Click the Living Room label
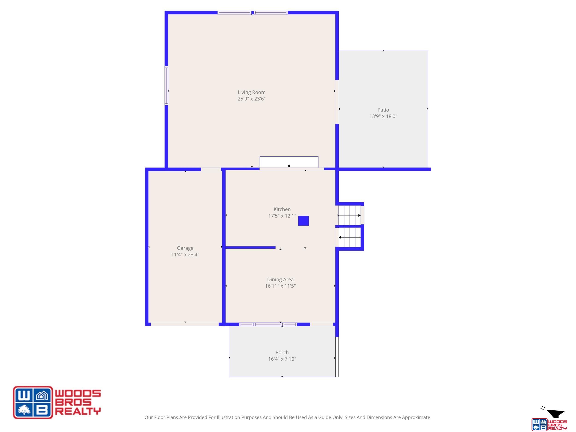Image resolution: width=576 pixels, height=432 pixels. (x=252, y=92)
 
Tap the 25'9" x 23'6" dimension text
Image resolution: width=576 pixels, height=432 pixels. (x=252, y=99)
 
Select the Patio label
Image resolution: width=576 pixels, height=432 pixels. (x=383, y=110)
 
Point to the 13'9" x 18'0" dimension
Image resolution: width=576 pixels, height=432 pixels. (x=383, y=116)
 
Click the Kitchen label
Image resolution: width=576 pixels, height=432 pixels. (x=282, y=209)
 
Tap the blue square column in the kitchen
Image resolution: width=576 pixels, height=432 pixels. (x=303, y=221)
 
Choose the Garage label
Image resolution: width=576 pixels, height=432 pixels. (x=185, y=248)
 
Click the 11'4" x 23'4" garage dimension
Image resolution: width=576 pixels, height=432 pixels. (x=185, y=255)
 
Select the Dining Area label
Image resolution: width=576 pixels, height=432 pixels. (x=280, y=279)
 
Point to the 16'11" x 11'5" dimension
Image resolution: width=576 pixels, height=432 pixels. (x=280, y=286)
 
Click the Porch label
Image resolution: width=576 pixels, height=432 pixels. (x=282, y=352)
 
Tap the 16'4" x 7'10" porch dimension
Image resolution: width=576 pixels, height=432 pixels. (x=282, y=359)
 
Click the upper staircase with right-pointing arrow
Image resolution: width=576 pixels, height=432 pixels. (x=350, y=215)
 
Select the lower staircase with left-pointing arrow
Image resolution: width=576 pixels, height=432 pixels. (x=350, y=238)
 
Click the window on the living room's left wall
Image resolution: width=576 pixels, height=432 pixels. (x=166, y=86)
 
